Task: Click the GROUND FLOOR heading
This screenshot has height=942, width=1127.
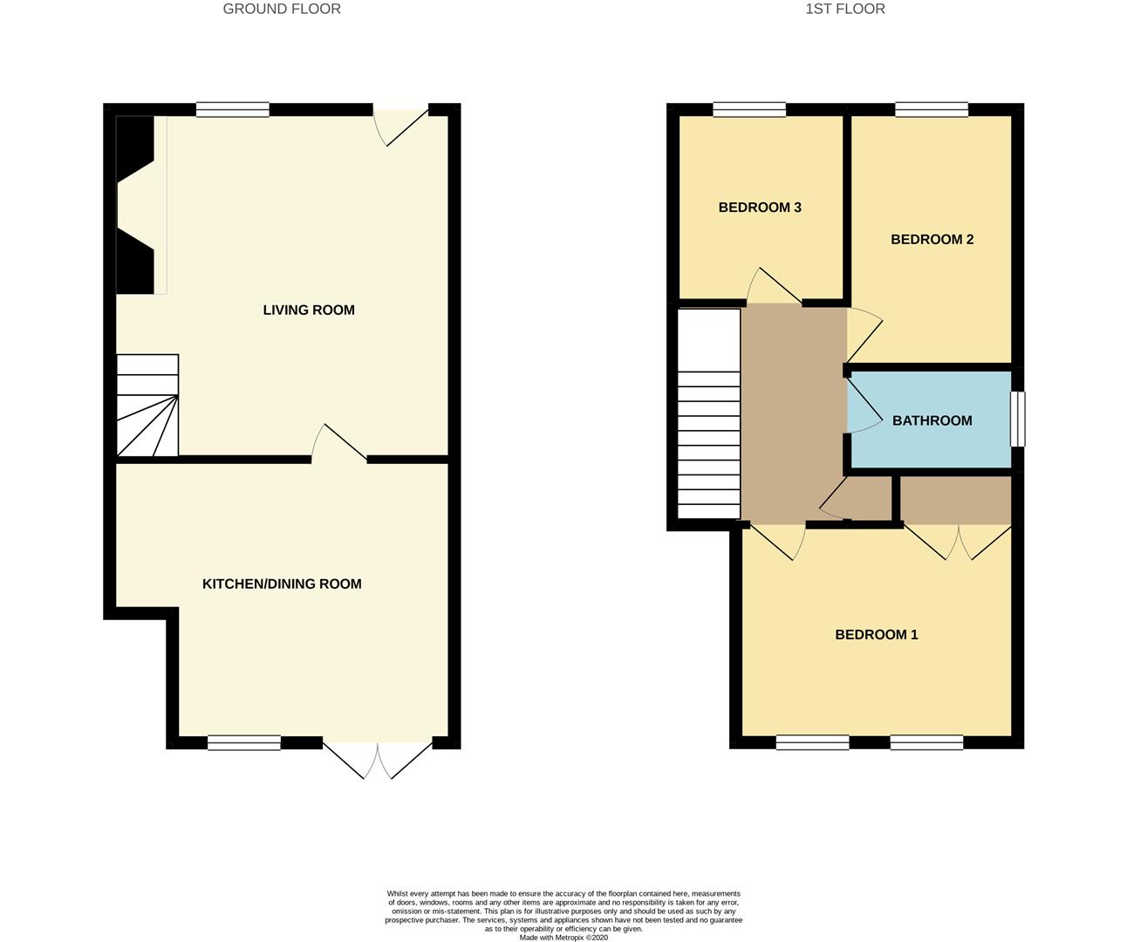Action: [x=282, y=9]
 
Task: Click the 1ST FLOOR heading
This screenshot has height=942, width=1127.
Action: [x=844, y=9]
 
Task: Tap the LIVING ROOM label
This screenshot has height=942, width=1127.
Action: [x=309, y=310]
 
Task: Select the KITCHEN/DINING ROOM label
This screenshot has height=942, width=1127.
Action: [x=282, y=584]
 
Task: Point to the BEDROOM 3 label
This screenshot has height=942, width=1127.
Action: [x=760, y=208]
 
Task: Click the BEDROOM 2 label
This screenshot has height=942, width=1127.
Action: [x=932, y=239]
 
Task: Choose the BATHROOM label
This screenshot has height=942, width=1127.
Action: [x=932, y=420]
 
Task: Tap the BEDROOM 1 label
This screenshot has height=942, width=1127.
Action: [x=876, y=634]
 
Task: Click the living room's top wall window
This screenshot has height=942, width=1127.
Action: [x=232, y=109]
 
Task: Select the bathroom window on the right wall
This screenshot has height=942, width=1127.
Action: [x=1018, y=420]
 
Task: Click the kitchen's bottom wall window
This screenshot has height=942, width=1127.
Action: [x=244, y=743]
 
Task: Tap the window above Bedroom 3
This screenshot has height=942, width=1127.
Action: [x=749, y=109]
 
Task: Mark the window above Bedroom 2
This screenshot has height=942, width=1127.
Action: [x=932, y=109]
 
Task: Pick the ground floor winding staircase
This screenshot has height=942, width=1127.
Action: [x=147, y=406]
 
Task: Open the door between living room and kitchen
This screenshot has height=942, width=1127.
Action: [x=338, y=443]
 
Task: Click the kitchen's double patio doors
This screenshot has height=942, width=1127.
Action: [x=378, y=759]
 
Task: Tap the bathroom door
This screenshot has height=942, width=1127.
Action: [x=864, y=402]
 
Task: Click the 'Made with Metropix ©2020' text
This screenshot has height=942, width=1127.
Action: [x=563, y=938]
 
